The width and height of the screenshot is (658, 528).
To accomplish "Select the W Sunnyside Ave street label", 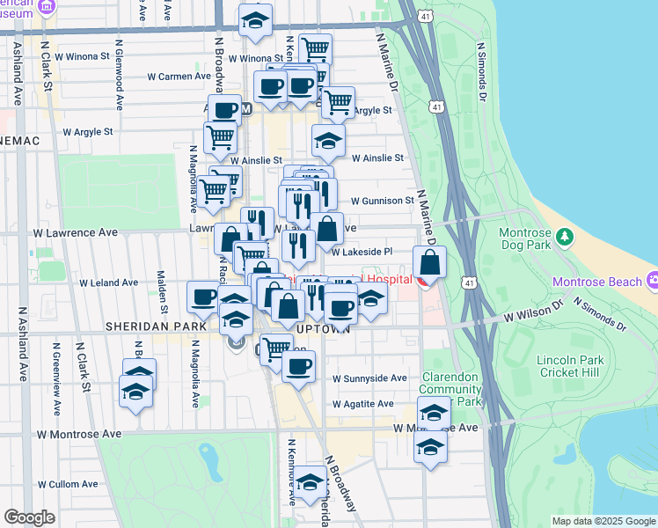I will point(369,378).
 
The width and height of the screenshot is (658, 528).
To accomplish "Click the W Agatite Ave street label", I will point(362,403).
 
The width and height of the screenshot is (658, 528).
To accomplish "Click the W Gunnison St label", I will point(383,201).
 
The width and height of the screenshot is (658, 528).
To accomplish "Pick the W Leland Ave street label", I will point(109,283).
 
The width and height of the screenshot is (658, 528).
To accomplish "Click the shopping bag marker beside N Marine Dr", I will point(428,262).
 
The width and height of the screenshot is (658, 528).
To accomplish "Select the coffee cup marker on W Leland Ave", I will point(204,297).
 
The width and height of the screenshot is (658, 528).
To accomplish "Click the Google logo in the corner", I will point(29,517).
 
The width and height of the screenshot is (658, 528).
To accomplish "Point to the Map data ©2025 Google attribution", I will point(603,521).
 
